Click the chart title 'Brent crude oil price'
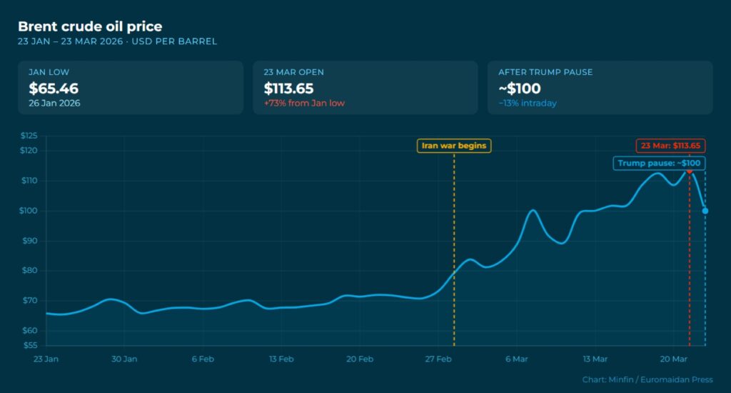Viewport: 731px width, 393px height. point(90,27)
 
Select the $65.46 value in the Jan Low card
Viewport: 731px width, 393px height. point(54,89)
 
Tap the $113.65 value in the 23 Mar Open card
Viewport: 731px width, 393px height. point(288,89)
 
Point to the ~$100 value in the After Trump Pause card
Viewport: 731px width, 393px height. point(519,89)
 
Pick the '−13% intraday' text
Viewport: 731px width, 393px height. point(528,103)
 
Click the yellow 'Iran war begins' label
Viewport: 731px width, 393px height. point(454,146)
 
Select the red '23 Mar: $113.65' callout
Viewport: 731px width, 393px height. point(670,146)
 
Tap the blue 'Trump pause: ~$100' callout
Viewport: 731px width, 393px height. point(660,163)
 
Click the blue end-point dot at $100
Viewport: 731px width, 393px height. point(705,210)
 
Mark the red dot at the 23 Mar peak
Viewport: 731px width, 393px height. point(690,170)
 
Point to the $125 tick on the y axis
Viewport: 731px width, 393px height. point(29,136)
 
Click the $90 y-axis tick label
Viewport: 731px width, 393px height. point(30,241)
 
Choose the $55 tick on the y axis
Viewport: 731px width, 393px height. point(30,345)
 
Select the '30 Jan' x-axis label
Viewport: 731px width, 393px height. point(124,359)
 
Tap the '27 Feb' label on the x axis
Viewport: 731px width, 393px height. point(438,359)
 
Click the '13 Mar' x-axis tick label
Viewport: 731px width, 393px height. point(595,359)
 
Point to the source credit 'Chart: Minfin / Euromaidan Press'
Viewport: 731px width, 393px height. point(647,379)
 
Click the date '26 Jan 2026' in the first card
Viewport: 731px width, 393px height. point(54,103)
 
